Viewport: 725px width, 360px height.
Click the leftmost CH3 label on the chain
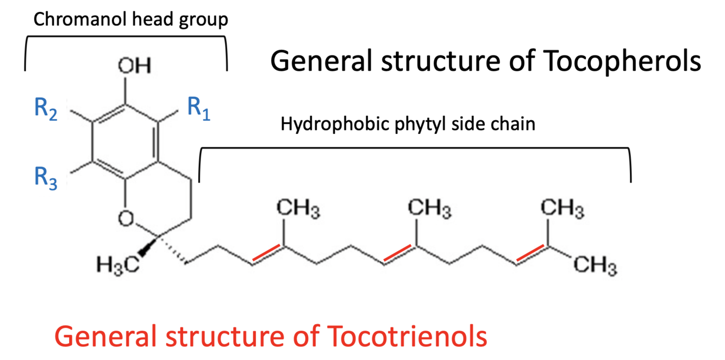[297, 209]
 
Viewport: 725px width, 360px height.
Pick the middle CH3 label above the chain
[430, 209]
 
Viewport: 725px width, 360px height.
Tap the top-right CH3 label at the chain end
[563, 209]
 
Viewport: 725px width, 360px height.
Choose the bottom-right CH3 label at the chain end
[596, 267]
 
